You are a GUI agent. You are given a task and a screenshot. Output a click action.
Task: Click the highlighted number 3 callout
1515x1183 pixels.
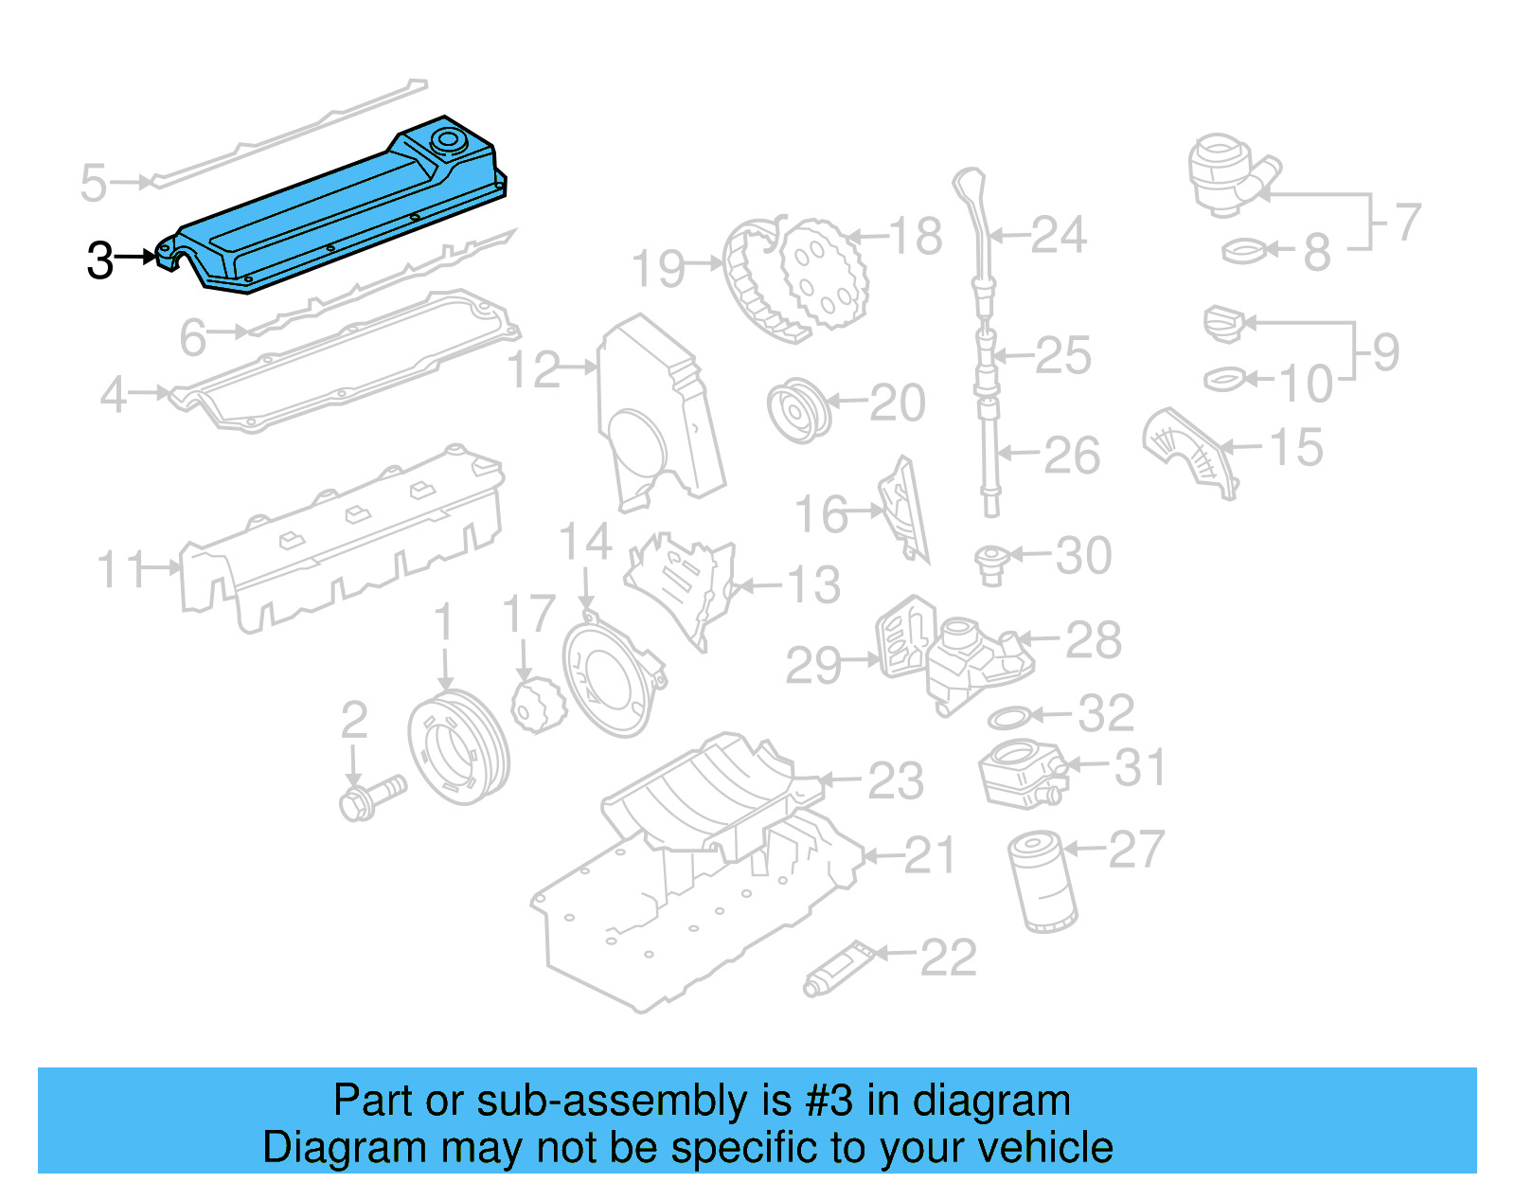pyautogui.click(x=99, y=260)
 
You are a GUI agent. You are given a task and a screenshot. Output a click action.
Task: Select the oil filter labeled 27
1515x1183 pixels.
pyautogui.click(x=1043, y=882)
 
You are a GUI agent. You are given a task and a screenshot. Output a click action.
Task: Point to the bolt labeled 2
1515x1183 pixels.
pyautogui.click(x=369, y=798)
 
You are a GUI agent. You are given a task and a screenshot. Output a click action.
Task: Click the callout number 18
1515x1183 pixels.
pyautogui.click(x=916, y=236)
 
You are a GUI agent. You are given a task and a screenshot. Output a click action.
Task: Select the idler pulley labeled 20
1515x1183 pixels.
pyautogui.click(x=798, y=411)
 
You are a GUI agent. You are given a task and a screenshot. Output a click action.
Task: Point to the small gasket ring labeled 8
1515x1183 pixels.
pyautogui.click(x=1243, y=252)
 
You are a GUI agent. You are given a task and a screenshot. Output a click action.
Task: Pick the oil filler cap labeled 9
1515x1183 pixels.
pyautogui.click(x=1223, y=324)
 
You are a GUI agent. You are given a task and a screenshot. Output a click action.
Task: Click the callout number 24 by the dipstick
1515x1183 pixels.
pyautogui.click(x=1058, y=235)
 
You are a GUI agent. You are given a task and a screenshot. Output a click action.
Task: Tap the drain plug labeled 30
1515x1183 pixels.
pyautogui.click(x=991, y=565)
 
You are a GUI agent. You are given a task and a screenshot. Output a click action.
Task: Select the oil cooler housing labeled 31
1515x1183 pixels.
pyautogui.click(x=1021, y=775)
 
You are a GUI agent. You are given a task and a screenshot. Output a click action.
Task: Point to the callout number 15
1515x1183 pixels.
pyautogui.click(x=1295, y=447)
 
